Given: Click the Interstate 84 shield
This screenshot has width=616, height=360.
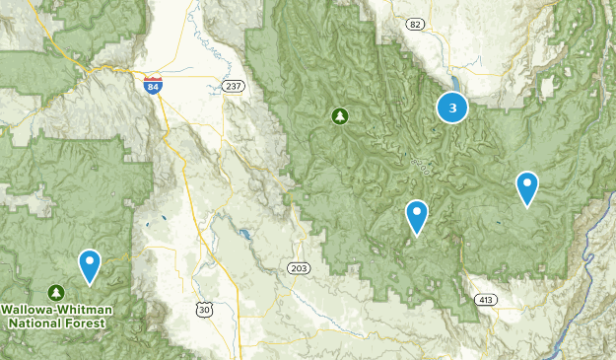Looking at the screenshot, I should click(152, 86).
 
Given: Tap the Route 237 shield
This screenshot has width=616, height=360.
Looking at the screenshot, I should click(233, 87).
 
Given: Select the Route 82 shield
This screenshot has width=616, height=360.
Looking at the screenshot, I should click(415, 25).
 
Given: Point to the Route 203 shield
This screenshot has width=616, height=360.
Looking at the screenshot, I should click(299, 268).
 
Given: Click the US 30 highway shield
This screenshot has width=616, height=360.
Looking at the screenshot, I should click(204, 310).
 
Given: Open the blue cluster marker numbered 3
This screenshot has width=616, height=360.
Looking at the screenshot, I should click(452, 108).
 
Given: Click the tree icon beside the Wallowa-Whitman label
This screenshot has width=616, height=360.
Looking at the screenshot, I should click(56, 293).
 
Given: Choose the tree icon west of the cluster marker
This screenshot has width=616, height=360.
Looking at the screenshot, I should click(340, 117).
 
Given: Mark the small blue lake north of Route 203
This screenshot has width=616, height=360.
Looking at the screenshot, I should click(243, 235).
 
